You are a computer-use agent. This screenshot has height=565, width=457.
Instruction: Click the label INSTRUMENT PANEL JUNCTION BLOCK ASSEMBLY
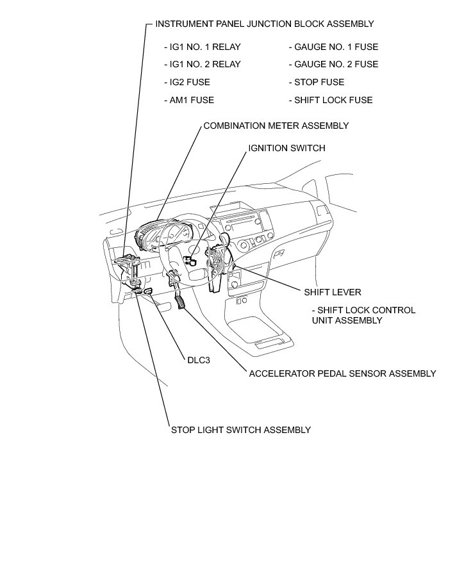[264, 24]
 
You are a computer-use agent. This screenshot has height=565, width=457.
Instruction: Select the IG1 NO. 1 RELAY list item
[203, 47]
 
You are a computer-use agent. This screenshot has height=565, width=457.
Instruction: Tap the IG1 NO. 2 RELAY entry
[203, 64]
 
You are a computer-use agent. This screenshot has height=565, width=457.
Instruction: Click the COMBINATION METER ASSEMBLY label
[276, 126]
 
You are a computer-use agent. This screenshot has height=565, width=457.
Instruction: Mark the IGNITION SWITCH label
[287, 148]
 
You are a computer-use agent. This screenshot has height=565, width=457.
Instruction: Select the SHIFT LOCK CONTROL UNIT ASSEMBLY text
[363, 315]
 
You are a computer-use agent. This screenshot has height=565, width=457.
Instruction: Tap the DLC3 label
[199, 360]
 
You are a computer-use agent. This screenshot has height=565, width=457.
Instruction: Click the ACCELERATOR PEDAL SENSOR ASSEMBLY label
[342, 373]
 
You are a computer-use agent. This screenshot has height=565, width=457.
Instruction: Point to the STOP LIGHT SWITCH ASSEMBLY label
[240, 430]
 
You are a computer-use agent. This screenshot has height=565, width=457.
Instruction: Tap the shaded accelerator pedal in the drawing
[181, 302]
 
